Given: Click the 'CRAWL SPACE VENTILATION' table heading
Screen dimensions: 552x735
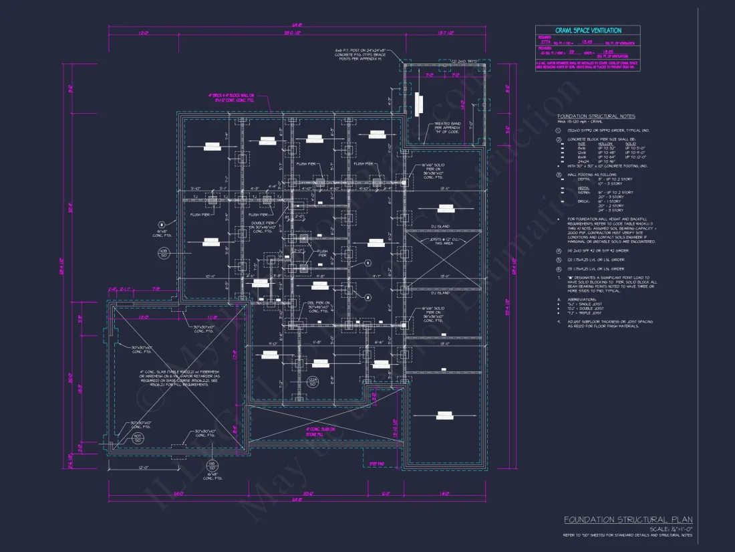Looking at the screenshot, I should (x=587, y=30).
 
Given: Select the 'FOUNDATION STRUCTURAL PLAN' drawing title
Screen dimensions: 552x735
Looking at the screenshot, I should (x=628, y=520).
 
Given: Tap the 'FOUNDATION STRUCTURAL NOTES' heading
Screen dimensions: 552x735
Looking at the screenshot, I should (x=597, y=116).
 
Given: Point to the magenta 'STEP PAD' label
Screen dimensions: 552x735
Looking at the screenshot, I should (x=378, y=462).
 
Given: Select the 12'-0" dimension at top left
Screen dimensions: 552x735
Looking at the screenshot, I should (x=142, y=32).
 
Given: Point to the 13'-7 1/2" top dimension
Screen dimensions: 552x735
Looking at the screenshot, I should (x=446, y=32).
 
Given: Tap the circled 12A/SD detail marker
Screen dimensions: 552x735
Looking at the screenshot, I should (x=313, y=381).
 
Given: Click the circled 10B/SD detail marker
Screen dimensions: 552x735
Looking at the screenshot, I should (x=163, y=253).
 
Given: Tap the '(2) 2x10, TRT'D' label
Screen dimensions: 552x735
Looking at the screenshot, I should (x=445, y=61).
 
